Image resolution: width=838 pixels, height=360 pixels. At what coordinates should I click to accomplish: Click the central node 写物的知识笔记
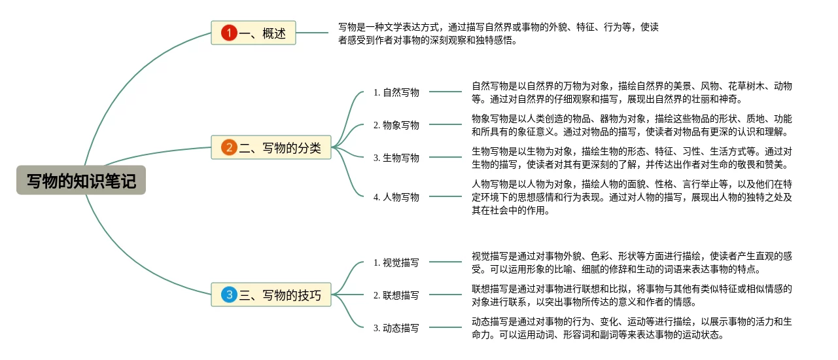[x=81, y=181]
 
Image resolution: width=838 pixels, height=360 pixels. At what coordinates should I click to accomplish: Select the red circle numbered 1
[x=229, y=33]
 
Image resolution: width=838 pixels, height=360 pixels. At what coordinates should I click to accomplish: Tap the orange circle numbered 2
[x=229, y=147]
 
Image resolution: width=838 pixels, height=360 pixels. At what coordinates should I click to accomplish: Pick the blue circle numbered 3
[x=229, y=295]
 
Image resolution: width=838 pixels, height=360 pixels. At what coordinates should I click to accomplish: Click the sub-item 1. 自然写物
[x=396, y=92]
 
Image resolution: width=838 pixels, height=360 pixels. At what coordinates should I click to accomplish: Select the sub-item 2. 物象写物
[x=396, y=125]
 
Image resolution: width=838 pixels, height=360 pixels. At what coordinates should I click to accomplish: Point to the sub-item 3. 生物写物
[x=396, y=158]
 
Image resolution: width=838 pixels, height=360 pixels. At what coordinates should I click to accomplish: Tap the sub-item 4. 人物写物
[x=396, y=197]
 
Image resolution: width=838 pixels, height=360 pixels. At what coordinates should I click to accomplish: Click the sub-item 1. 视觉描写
[x=396, y=262]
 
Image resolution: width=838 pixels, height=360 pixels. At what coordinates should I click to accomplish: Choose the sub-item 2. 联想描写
[x=396, y=295]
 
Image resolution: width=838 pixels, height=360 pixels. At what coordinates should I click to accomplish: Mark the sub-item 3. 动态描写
[x=396, y=328]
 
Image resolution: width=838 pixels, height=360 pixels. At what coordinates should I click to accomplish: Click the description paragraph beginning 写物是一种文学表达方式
[x=498, y=33]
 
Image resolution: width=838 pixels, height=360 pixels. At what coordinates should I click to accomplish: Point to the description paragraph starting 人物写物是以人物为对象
[x=631, y=197]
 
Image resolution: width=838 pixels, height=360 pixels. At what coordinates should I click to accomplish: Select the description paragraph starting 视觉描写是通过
[x=631, y=262]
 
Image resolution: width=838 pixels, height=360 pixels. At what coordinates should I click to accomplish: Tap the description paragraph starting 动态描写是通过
[x=631, y=328]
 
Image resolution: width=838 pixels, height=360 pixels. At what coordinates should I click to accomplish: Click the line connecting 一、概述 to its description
[x=312, y=33]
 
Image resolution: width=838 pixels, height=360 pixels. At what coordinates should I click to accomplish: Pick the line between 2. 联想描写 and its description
[x=445, y=295]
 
